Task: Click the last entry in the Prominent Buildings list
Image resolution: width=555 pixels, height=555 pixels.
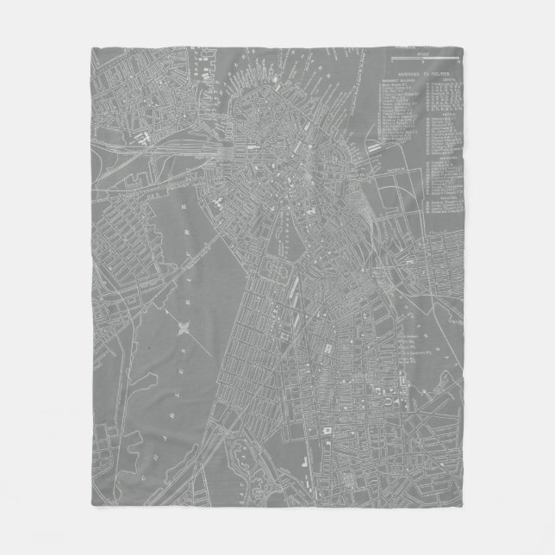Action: click(x=396, y=138)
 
